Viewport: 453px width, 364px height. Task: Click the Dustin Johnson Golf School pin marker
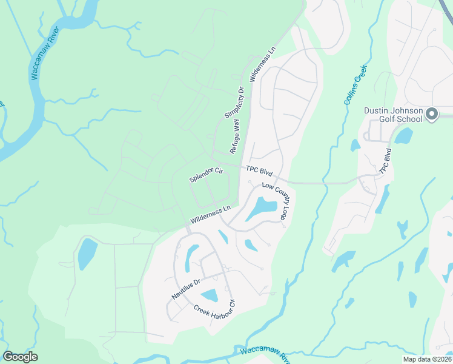[x=431, y=115]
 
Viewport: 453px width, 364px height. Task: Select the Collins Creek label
[x=356, y=85]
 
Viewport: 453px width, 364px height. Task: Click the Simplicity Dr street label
[x=234, y=103]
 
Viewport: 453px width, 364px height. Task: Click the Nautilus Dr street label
[x=185, y=289]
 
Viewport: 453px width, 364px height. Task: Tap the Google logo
[x=20, y=357]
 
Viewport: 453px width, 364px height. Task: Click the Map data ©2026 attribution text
[x=426, y=359]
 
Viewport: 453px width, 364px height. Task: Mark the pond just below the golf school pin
[x=403, y=136]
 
